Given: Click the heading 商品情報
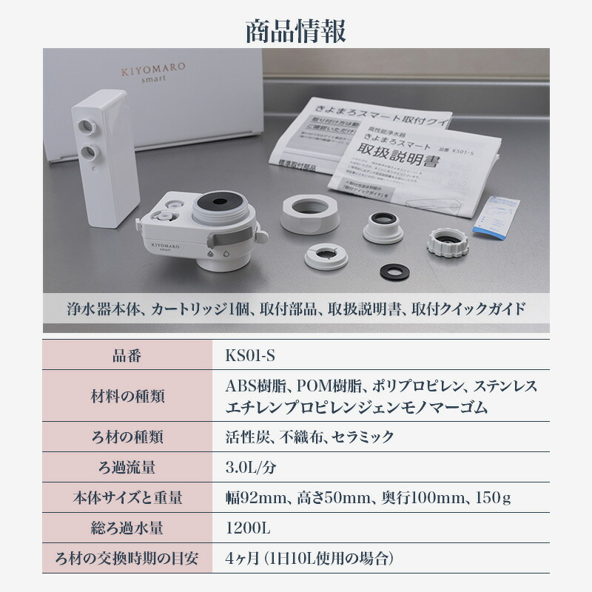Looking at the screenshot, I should (296, 31).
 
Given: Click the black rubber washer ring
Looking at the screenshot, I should (394, 272).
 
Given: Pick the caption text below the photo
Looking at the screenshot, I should (296, 309).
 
